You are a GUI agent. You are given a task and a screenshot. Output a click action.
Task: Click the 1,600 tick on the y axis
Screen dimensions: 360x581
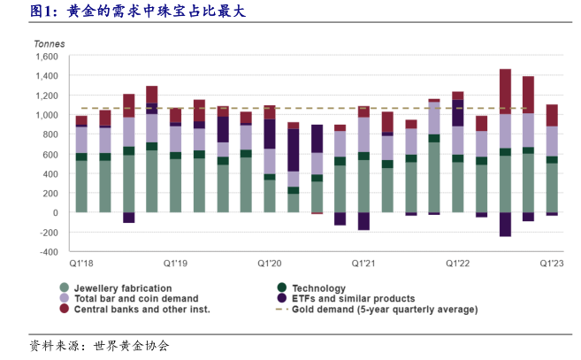click(45, 57)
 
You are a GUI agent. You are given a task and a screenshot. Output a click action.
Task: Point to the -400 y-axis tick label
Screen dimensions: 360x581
click(45, 251)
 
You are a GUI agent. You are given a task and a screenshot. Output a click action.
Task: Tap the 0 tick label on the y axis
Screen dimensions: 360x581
click(53, 212)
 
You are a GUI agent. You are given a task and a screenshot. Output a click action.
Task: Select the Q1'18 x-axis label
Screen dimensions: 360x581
click(81, 263)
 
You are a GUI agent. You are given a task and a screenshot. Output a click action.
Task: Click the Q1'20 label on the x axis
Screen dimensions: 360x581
click(270, 263)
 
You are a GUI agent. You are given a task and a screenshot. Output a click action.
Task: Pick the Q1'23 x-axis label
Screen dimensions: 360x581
click(553, 263)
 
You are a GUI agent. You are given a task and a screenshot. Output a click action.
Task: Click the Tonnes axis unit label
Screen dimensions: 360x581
click(50, 43)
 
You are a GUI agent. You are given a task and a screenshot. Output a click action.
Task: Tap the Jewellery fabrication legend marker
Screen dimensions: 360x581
click(64, 288)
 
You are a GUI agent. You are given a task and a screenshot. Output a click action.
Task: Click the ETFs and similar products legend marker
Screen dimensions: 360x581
click(280, 299)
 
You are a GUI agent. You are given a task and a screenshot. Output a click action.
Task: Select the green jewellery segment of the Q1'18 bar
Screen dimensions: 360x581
click(81, 187)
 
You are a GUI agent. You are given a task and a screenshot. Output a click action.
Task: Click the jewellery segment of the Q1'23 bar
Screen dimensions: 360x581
click(553, 188)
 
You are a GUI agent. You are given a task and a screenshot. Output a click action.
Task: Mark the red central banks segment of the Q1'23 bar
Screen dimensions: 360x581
click(553, 115)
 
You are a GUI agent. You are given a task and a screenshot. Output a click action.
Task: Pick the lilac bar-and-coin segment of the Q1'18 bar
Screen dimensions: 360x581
click(81, 140)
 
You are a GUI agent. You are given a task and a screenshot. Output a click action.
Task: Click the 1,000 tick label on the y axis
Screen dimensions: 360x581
click(45, 115)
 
